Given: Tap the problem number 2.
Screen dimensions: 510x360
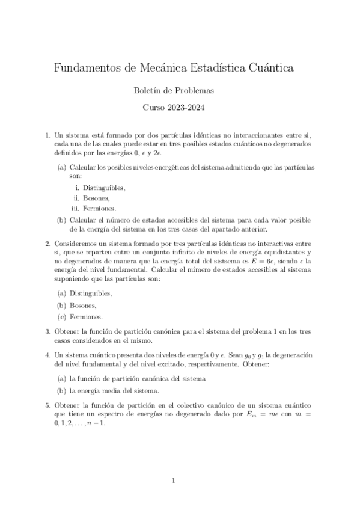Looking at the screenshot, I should (47, 244).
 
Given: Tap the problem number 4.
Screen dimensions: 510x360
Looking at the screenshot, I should (47, 355).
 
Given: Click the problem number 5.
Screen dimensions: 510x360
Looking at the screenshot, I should (47, 405).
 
